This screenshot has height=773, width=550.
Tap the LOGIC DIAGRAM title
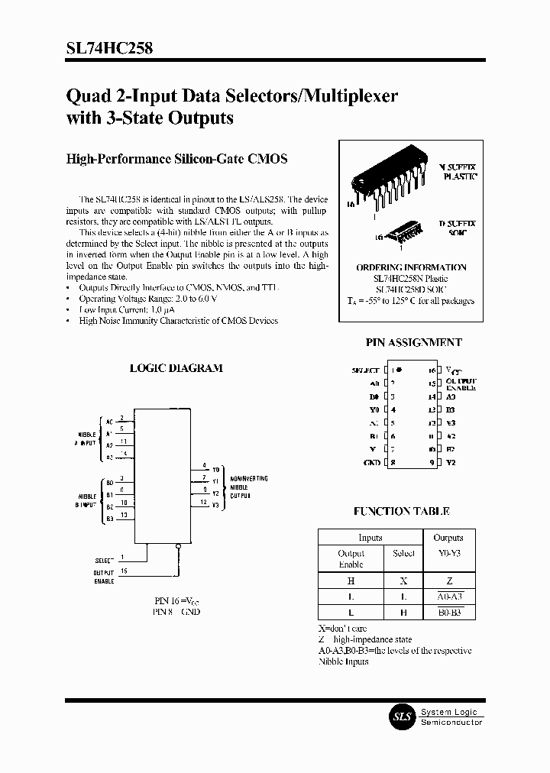176,368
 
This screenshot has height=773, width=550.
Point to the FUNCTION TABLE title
401,512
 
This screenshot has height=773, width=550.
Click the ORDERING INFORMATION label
411,267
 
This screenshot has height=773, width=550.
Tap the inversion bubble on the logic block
179,545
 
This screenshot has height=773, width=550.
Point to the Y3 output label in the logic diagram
215,505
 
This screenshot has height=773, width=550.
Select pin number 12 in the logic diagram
203,502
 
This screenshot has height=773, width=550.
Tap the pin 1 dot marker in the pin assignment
398,370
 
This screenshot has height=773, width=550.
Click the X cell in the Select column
403,581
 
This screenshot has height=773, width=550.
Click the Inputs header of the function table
370,538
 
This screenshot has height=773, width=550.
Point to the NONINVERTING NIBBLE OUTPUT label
249,486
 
